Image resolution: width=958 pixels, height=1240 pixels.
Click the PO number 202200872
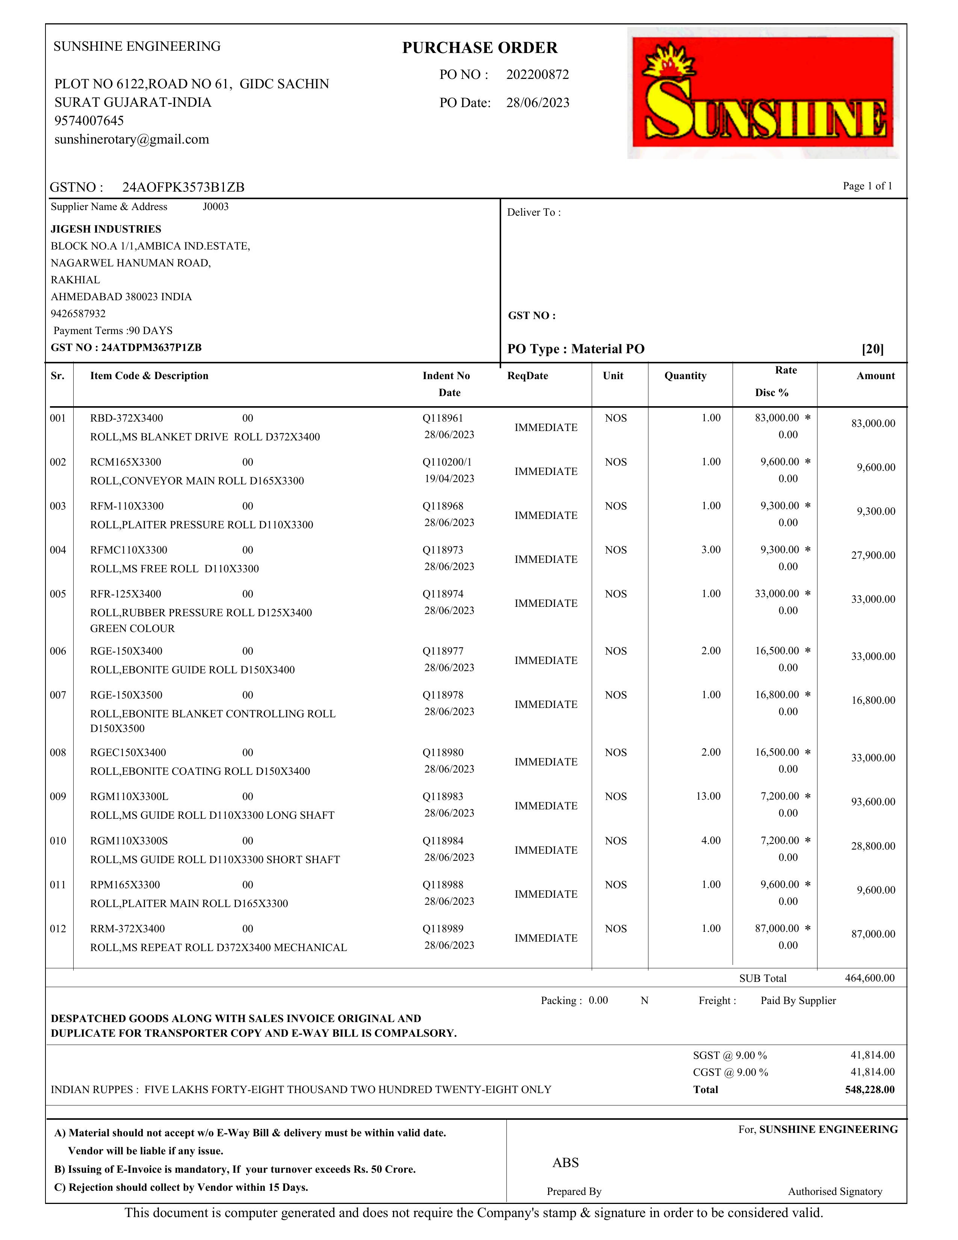coord(538,75)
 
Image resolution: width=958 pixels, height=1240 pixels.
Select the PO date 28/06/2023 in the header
coord(538,103)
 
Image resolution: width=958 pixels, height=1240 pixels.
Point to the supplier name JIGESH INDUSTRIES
coord(106,229)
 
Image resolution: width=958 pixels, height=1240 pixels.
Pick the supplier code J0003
coord(216,207)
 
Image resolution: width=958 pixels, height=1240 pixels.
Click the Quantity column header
coord(685,376)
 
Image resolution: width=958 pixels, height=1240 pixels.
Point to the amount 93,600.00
coord(873,802)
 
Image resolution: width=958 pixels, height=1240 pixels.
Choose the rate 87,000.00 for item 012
coord(777,928)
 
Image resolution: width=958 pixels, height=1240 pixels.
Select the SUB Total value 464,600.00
coord(869,978)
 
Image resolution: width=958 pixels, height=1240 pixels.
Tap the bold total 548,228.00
coord(869,1090)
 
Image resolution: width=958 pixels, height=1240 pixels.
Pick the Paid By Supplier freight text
coord(798,1000)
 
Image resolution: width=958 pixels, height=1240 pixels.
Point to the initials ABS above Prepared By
coord(565,1163)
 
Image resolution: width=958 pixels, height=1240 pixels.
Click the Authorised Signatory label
coord(835,1191)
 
